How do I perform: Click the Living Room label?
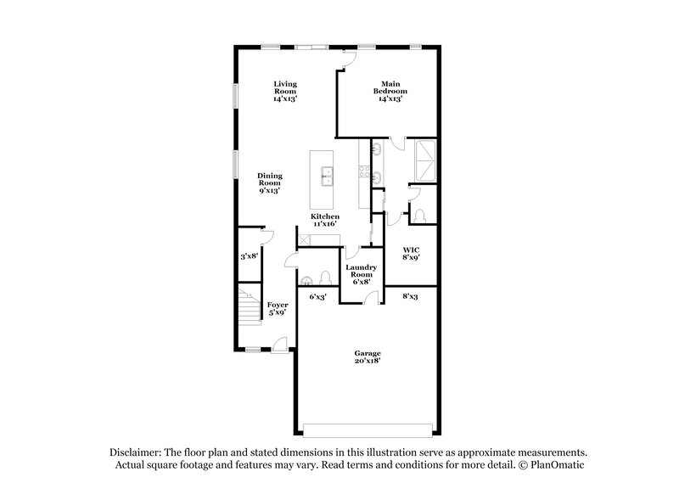[285, 91]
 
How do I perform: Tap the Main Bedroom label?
[390, 91]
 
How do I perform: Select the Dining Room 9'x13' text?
[270, 183]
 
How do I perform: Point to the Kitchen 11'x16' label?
[325, 221]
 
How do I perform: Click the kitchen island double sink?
[328, 177]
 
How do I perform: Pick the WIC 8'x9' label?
[412, 253]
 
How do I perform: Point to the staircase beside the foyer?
[248, 306]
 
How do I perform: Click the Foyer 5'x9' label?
[277, 308]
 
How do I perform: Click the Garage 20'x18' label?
[368, 356]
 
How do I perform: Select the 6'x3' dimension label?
[318, 297]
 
